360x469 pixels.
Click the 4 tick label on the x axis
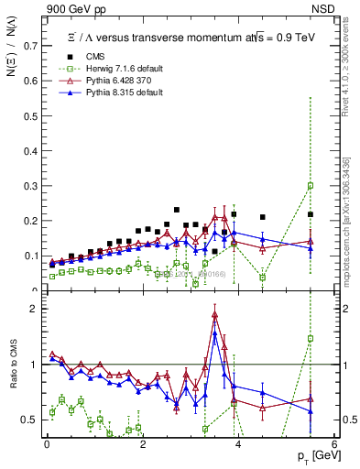pyautogui.click(x=238, y=444)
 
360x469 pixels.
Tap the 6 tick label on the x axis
pyautogui.click(x=333, y=444)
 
